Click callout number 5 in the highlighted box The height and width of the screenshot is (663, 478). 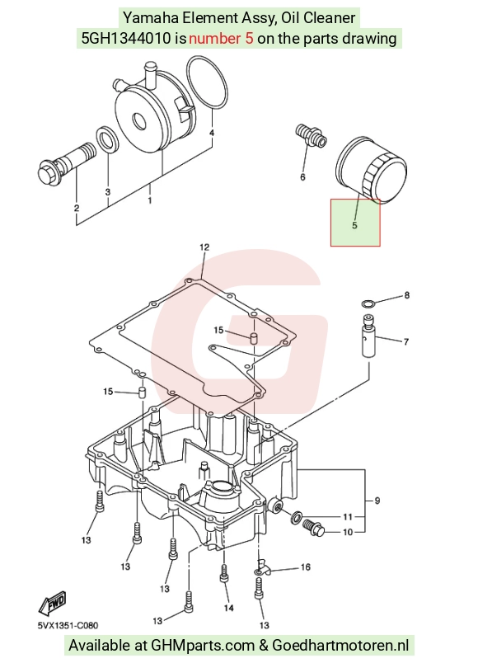354,225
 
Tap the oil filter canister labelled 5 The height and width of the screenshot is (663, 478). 371,169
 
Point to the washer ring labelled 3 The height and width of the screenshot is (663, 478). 107,139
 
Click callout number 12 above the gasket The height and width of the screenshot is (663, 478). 204,247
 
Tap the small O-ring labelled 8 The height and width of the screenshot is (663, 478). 368,303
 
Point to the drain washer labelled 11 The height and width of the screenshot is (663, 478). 298,516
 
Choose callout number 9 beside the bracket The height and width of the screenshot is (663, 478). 377,501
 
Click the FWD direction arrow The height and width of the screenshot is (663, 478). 53,602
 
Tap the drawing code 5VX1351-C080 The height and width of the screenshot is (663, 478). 68,625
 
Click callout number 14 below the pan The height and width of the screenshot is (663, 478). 228,608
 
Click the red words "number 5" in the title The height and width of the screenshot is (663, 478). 221,39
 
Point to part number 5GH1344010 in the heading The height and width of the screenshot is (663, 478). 125,39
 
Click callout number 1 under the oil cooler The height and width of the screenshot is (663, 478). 150,200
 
